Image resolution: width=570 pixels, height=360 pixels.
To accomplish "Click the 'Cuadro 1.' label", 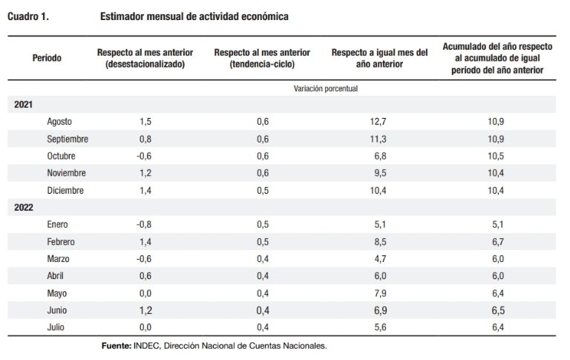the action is pos(28,16).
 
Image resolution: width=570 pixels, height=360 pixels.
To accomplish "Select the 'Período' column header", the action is pos(47,58).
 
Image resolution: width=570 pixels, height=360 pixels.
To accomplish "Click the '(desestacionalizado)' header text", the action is pos(145,65).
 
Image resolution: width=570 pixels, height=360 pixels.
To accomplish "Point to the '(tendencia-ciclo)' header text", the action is pos(262,65).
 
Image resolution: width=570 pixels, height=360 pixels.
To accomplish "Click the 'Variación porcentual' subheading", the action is pos(326,88).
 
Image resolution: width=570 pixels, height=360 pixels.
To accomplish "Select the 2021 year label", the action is pos(23,105).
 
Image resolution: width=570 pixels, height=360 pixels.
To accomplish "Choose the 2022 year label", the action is pos(23,208).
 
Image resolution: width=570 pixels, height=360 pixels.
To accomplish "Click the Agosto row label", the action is pos(59,122).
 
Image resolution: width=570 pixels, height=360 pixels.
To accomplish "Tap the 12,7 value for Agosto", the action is pos(378,122).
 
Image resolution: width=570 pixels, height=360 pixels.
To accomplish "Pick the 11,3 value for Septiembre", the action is pos(378,139).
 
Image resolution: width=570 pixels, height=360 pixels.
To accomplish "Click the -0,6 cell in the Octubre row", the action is pos(144,156).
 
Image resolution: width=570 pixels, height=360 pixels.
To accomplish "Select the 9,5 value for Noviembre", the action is pos(380,173).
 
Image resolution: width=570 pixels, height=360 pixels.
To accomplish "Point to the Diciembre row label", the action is pos(65,191).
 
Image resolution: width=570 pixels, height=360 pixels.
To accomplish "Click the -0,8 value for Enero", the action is pos(144,224).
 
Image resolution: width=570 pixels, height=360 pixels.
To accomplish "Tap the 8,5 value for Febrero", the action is pos(380,242).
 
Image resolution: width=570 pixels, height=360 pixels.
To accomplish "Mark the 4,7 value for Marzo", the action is pos(380,259).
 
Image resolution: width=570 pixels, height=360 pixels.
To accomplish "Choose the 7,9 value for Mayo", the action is pos(380,293).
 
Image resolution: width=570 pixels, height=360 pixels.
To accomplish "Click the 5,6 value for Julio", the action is pos(380,327).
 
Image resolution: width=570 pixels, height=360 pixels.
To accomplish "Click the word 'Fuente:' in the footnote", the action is pos(117,346).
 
